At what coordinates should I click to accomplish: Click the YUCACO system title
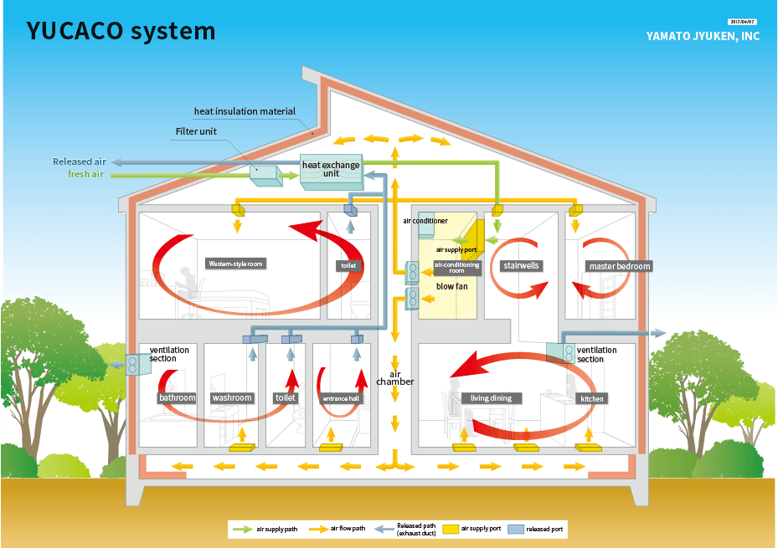point(121,31)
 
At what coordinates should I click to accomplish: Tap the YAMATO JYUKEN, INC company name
point(703,37)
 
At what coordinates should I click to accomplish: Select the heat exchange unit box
point(331,171)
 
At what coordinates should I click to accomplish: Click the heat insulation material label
point(245,111)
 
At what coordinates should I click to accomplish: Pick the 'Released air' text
point(80,161)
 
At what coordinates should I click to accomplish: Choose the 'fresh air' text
point(87,174)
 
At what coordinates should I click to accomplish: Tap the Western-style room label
point(235,264)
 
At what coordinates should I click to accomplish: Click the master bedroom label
point(620,266)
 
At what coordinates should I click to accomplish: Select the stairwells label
point(521,266)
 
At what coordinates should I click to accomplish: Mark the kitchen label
point(592,398)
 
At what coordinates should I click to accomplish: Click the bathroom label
point(177,397)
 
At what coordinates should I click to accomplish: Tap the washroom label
point(232,397)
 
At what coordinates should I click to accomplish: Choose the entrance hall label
point(342,398)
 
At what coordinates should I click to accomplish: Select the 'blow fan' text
point(451,286)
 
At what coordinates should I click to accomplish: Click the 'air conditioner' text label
point(425,221)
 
